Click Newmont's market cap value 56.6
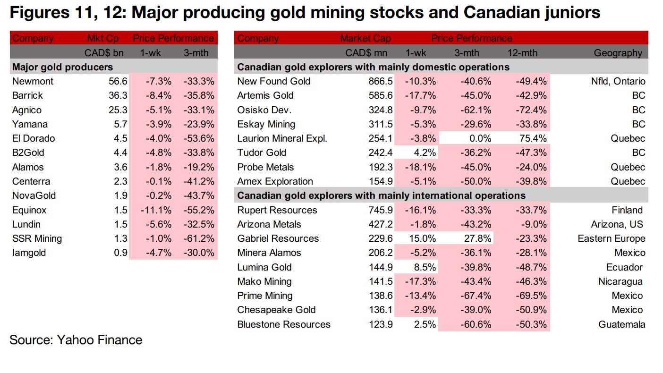(118, 81)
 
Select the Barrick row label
(27, 95)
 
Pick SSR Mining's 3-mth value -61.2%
(199, 238)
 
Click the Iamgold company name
(29, 253)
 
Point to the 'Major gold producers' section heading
(62, 67)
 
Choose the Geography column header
(618, 53)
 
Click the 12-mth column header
(522, 53)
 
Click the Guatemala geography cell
(621, 324)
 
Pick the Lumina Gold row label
(264, 267)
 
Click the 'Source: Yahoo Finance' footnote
(76, 340)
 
